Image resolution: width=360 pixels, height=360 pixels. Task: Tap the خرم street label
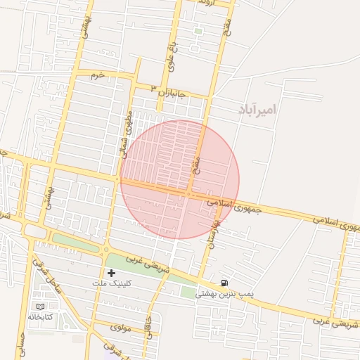[98, 75]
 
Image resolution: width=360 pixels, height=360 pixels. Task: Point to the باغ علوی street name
[169, 58]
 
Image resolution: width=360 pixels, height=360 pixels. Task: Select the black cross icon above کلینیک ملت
[111, 272]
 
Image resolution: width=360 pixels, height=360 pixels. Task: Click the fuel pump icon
[224, 283]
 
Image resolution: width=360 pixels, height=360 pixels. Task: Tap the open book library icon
[40, 307]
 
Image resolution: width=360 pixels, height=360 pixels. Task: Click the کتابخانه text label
[40, 317]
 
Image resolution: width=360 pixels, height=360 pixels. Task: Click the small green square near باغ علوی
[198, 31]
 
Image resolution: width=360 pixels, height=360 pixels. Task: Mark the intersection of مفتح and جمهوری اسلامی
[189, 193]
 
